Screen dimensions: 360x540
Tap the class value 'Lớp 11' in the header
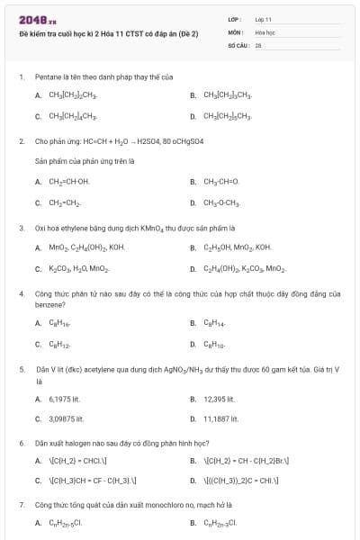pos(264,19)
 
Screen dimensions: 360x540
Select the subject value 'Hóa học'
pos(265,31)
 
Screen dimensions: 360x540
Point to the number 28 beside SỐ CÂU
pos(258,43)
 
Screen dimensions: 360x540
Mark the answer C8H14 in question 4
pos(214,322)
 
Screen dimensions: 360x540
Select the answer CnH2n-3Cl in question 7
pos(220,522)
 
